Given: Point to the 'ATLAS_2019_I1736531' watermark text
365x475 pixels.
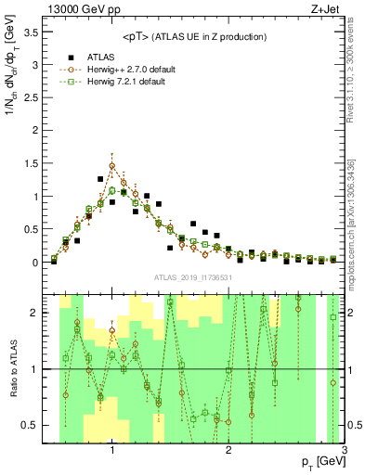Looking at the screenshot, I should pos(193,277).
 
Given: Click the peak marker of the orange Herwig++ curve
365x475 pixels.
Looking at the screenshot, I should pos(112,166).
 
